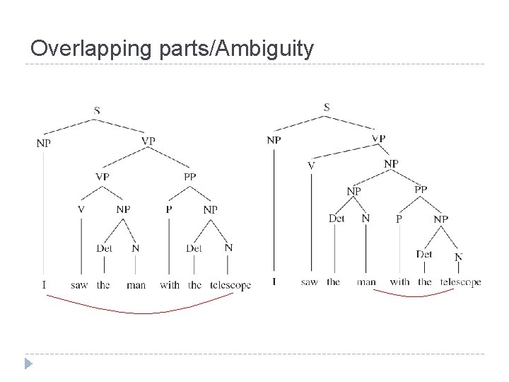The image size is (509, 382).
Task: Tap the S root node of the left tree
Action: point(96,110)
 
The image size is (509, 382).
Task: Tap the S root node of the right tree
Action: point(327,107)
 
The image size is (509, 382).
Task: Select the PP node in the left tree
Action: point(190,176)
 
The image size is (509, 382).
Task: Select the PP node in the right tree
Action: point(421,189)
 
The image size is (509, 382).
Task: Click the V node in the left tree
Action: point(81,209)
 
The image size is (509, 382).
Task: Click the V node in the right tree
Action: point(311,166)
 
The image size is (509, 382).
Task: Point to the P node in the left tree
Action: point(169,209)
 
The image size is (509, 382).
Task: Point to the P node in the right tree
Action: point(399,219)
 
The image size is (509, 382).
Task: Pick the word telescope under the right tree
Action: point(460,282)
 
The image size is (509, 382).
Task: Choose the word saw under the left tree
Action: point(79,285)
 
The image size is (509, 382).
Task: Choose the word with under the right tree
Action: point(399,282)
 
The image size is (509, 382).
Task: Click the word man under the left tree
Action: point(136,285)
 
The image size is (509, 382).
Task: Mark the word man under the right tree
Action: point(366,282)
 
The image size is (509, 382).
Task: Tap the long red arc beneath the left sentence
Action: point(141,311)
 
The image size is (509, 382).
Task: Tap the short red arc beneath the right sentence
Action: point(414,295)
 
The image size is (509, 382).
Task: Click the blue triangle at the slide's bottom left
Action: point(28,364)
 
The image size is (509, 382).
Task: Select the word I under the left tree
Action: point(44,285)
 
